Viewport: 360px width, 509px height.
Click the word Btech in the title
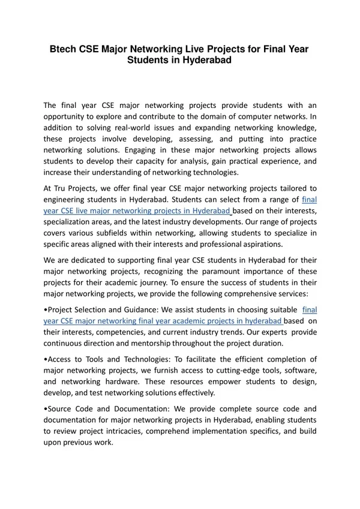pos(63,49)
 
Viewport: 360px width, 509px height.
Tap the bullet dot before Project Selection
pos(46,310)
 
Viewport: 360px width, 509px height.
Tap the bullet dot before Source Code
pos(46,408)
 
